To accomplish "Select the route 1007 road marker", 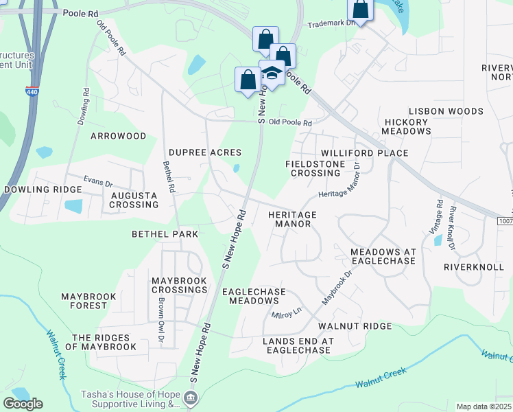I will pyautogui.click(x=505, y=220).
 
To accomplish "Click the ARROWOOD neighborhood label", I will pyautogui.click(x=119, y=136).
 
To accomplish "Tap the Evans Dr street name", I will pyautogui.click(x=97, y=182).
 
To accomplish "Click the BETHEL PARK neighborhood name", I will pyautogui.click(x=165, y=234).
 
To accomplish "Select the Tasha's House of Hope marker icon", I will pyautogui.click(x=191, y=398).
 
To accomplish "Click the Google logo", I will pyautogui.click(x=23, y=404).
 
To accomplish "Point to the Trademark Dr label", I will pyautogui.click(x=332, y=23).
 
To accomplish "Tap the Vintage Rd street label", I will pyautogui.click(x=439, y=215).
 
